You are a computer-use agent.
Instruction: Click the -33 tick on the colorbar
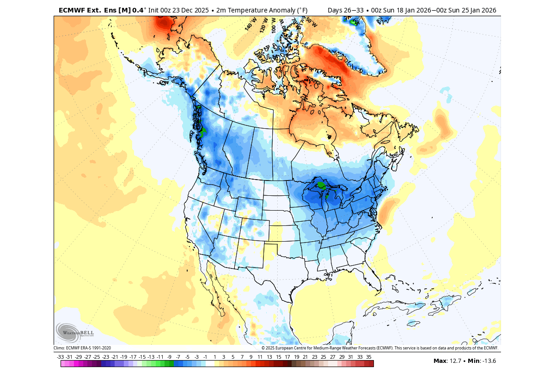60,357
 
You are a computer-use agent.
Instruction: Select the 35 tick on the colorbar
369,357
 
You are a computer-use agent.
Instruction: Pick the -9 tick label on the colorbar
169,357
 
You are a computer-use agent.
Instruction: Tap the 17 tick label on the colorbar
287,357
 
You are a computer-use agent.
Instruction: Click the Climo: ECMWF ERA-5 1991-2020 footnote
82,348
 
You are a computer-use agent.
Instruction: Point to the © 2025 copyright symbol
263,348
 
